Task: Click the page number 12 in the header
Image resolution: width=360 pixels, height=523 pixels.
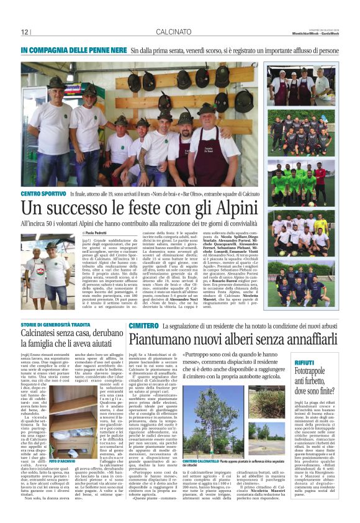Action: tap(25, 32)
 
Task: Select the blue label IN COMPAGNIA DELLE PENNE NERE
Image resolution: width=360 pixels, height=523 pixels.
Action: tap(71, 49)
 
